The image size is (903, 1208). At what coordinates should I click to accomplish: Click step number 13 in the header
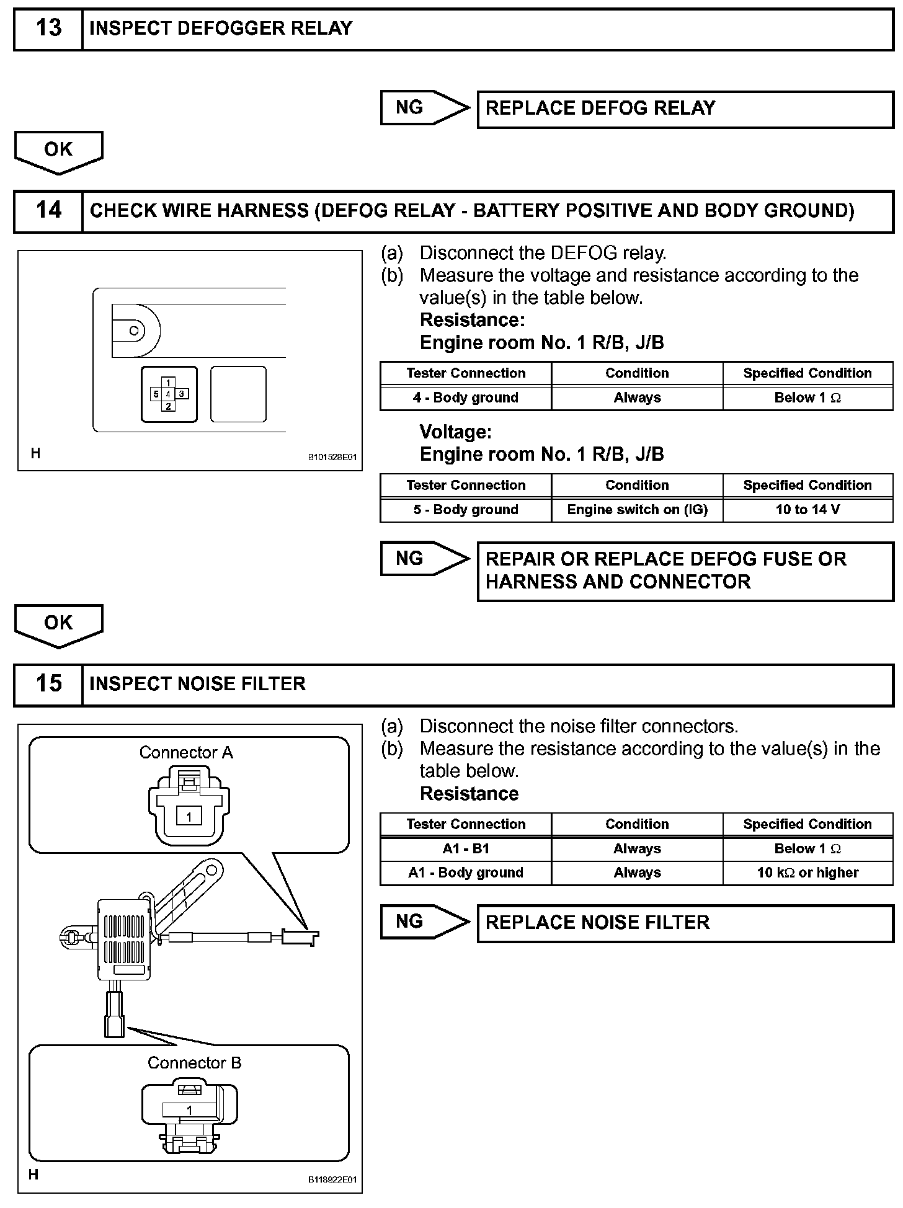(x=48, y=29)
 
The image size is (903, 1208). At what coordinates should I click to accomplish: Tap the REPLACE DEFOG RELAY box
(x=685, y=109)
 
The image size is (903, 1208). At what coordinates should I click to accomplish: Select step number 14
(x=48, y=211)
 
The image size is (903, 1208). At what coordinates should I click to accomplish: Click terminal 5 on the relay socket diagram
(x=156, y=394)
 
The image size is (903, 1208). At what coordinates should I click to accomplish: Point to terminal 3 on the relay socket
(x=182, y=394)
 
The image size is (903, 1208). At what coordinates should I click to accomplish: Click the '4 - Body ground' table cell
(x=465, y=398)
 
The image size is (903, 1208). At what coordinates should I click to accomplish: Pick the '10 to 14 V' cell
(x=807, y=510)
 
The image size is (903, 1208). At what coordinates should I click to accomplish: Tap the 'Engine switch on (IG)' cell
(x=637, y=510)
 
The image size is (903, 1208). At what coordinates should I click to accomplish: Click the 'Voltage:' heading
(x=456, y=432)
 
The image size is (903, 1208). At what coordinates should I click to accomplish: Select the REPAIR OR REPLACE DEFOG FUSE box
(x=685, y=571)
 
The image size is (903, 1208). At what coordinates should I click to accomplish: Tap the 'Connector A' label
(x=186, y=753)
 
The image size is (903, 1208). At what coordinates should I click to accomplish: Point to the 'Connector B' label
(x=194, y=1063)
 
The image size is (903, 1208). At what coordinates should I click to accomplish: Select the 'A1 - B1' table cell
(x=465, y=849)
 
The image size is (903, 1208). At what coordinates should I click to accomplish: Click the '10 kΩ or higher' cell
(x=807, y=873)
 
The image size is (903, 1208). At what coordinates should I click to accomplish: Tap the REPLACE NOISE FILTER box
(x=685, y=923)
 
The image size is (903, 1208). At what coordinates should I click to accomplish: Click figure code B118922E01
(x=332, y=1180)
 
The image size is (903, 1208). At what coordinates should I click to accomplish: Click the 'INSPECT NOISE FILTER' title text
(x=197, y=684)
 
